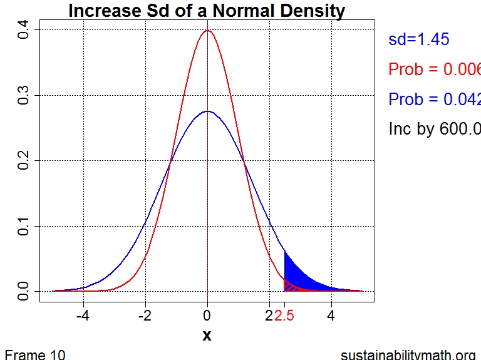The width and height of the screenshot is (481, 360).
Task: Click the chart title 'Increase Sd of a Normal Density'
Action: (x=207, y=11)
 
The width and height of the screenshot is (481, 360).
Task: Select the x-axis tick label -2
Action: (x=145, y=315)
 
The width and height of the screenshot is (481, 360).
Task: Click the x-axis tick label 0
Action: (x=207, y=315)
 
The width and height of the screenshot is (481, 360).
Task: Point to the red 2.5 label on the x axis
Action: (x=284, y=315)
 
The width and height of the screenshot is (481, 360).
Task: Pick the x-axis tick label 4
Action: (x=331, y=315)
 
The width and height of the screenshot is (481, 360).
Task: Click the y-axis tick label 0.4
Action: (x=24, y=30)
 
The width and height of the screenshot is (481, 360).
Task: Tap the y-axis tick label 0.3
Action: (x=24, y=95)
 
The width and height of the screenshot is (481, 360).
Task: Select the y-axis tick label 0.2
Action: (x=24, y=161)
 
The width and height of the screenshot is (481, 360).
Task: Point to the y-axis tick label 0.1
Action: (x=24, y=226)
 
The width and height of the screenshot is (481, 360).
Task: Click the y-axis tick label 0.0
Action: (x=24, y=291)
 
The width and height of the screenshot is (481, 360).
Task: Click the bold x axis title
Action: (x=207, y=336)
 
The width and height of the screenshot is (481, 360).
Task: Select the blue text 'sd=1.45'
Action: (x=419, y=39)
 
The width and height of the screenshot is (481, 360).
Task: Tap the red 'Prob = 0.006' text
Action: (x=434, y=69)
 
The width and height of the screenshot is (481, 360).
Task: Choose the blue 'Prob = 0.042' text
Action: (x=434, y=100)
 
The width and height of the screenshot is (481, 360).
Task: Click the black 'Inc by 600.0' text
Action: (x=434, y=129)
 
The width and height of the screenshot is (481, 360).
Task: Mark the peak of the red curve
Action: (x=207, y=31)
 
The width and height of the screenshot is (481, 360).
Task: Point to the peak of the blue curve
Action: (x=207, y=111)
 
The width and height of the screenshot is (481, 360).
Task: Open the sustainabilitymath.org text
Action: (x=408, y=354)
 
